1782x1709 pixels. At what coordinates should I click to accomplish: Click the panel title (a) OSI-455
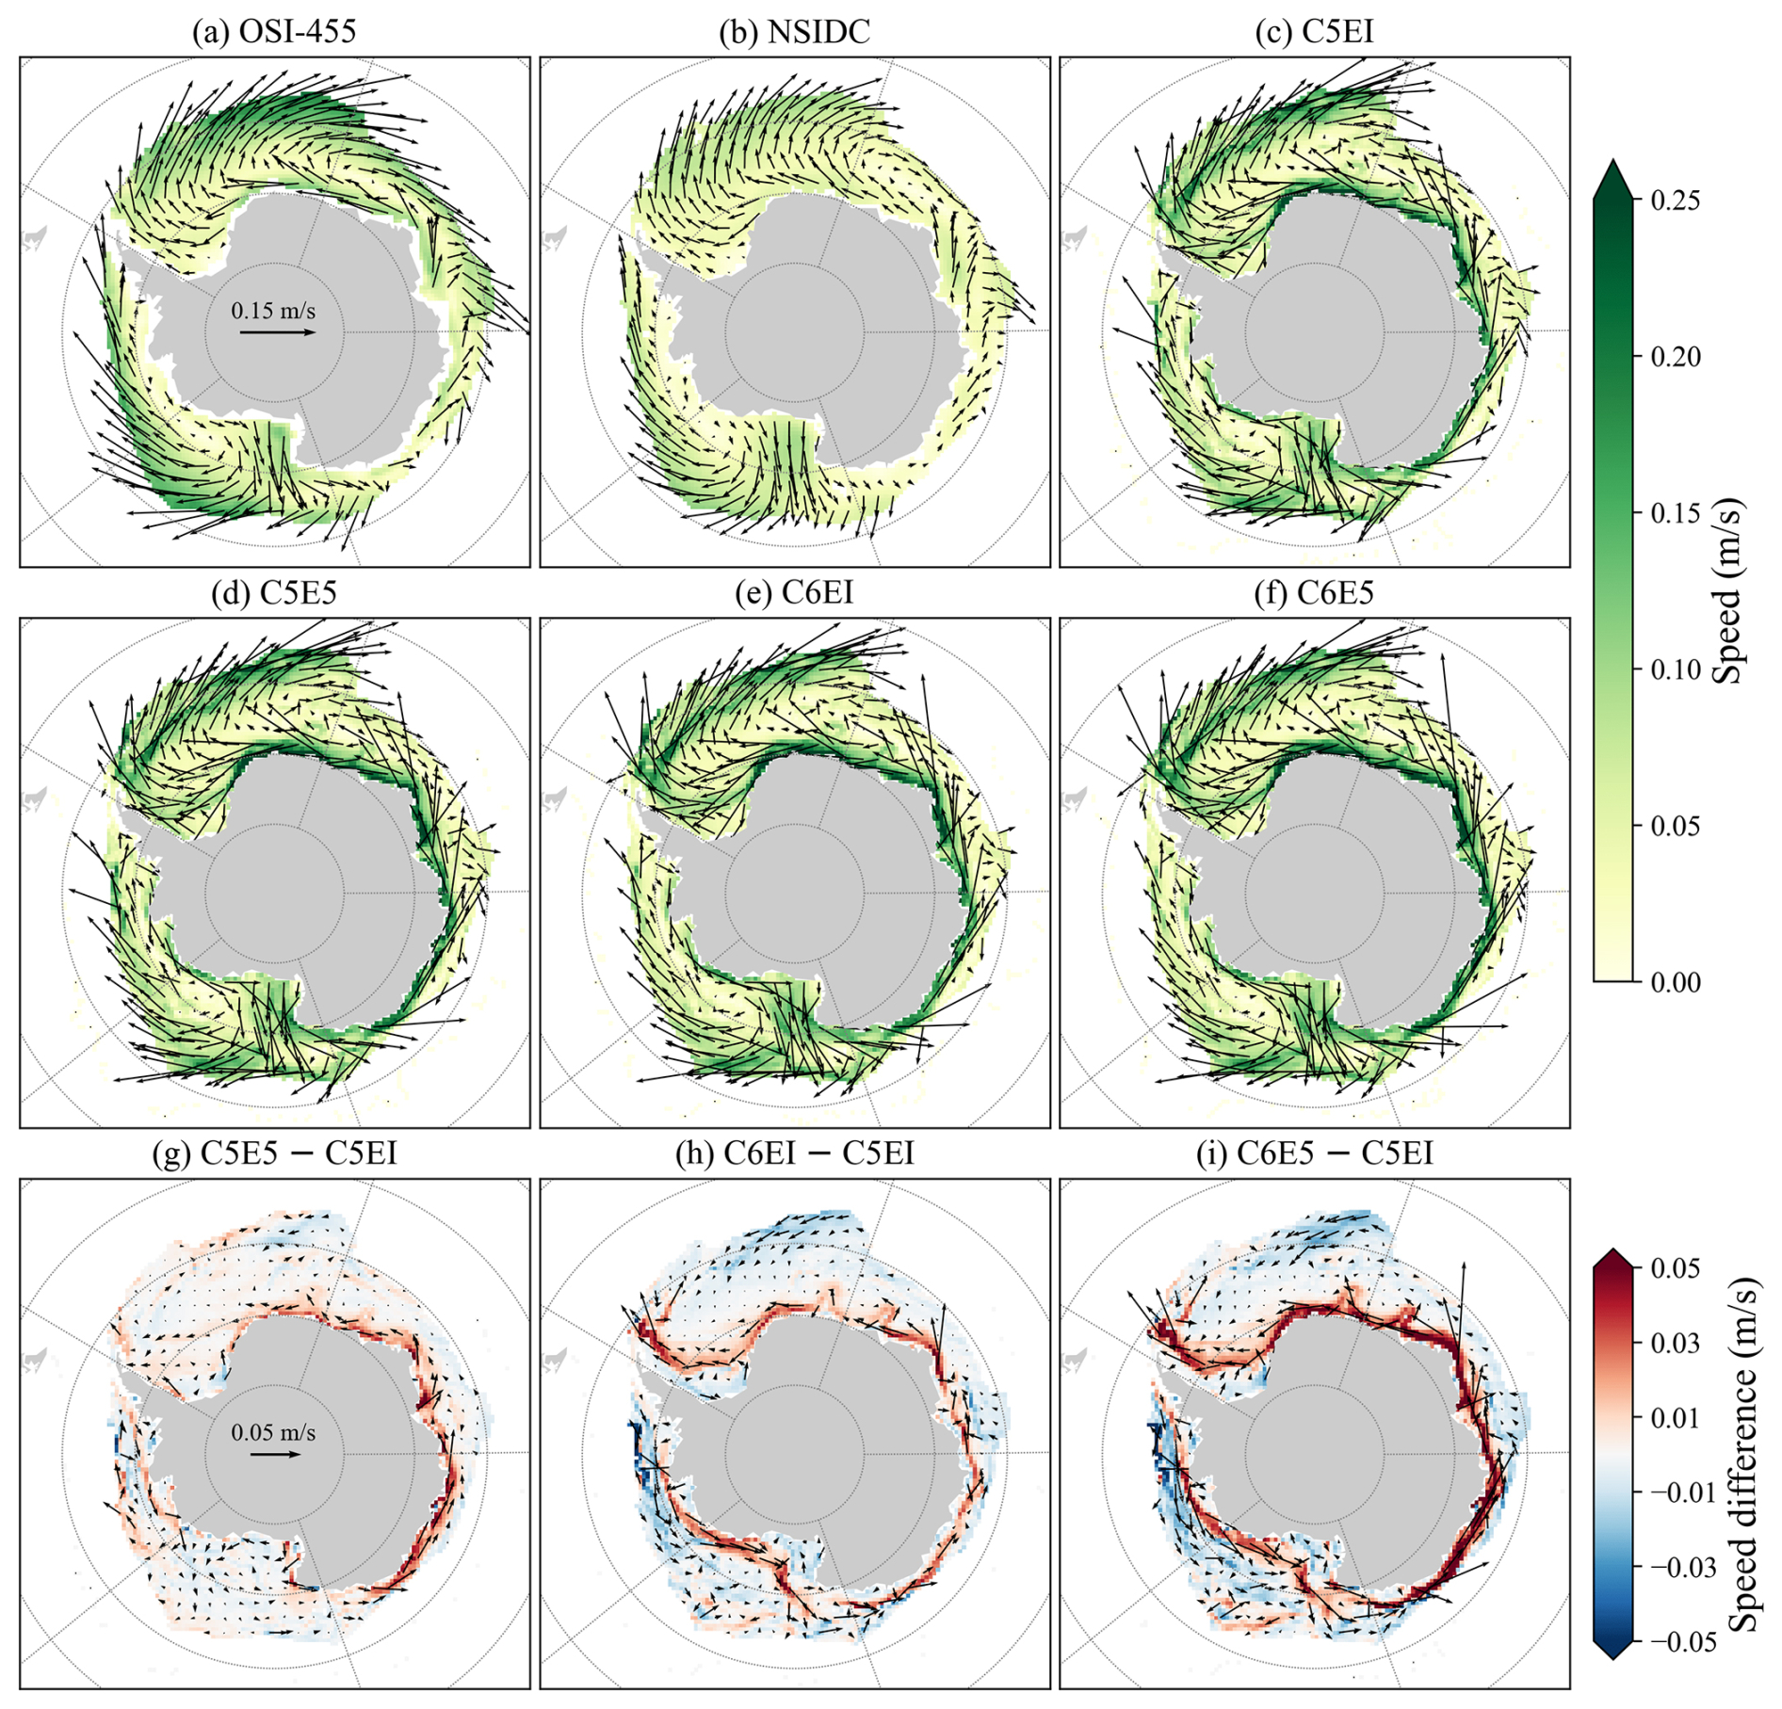tap(274, 31)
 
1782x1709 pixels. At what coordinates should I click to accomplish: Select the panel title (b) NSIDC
tap(794, 31)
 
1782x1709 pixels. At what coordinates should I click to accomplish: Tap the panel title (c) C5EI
tap(1314, 31)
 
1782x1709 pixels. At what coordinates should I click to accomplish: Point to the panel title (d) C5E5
tap(274, 592)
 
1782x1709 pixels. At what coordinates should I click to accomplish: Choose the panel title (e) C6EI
tap(794, 592)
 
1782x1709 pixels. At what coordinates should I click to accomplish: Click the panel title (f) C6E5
tap(1314, 592)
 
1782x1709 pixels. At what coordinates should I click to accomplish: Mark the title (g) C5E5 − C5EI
tap(274, 1153)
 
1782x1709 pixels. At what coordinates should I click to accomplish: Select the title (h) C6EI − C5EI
tap(794, 1153)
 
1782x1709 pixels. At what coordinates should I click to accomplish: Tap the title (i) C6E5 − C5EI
tap(1314, 1153)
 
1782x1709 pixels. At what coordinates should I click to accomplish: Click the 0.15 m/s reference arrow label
tap(273, 310)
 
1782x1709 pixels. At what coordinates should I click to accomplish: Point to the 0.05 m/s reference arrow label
tap(273, 1432)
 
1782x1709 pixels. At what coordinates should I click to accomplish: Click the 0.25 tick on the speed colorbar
tap(1676, 201)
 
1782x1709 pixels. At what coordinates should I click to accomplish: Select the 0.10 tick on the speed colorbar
tap(1676, 669)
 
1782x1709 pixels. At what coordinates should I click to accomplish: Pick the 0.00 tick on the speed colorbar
tap(1676, 982)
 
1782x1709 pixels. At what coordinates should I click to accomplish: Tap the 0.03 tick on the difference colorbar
tap(1676, 1343)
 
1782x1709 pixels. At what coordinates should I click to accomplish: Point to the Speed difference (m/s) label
tap(1742, 1455)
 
